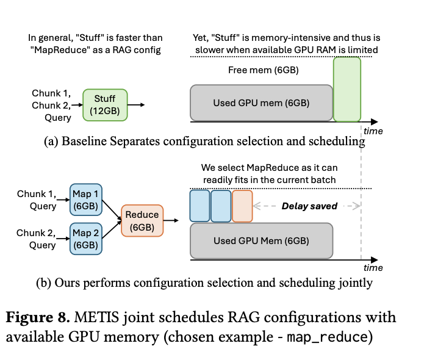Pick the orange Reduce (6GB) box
142,220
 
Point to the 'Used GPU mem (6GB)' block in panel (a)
261,103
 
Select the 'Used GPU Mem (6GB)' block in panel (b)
261,240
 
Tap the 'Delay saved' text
309,206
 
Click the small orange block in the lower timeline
242,206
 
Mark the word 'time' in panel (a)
373,131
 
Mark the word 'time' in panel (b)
373,268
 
